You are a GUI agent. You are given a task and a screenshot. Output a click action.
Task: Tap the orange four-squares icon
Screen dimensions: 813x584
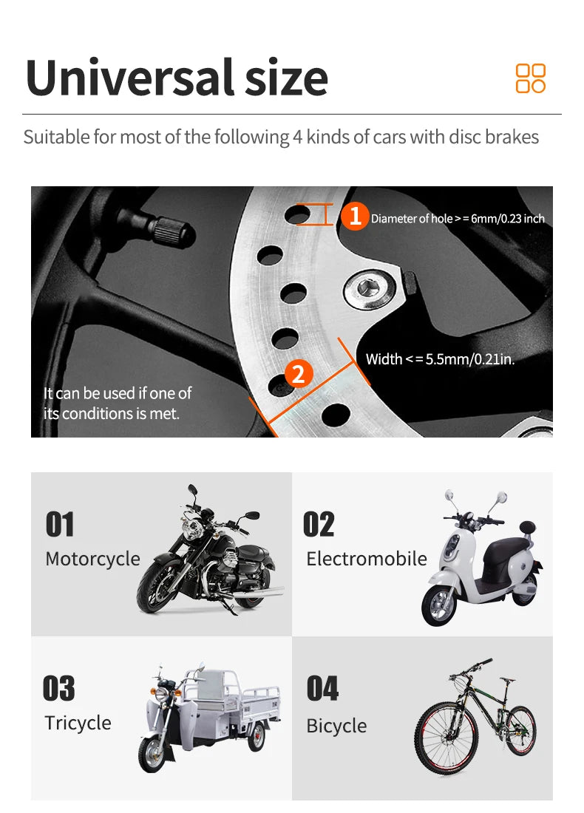point(530,78)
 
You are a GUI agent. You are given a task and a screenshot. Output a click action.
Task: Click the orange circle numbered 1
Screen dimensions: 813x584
point(355,217)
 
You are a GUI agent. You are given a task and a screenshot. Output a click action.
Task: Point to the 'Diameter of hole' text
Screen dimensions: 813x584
point(457,219)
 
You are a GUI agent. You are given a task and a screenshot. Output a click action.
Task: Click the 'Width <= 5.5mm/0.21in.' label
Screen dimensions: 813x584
point(440,360)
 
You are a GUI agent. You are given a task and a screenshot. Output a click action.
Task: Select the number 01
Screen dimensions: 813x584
point(60,525)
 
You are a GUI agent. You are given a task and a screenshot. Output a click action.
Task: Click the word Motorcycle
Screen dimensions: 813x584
point(92,559)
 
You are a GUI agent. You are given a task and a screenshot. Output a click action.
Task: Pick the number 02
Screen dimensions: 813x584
point(319,525)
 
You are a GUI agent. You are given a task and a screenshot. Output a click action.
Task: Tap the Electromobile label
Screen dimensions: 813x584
point(367,559)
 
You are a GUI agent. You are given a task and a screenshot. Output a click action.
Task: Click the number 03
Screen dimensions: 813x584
point(59,689)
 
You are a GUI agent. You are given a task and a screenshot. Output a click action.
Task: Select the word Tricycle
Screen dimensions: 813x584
point(78,723)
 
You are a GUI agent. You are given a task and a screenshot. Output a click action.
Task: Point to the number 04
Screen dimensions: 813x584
point(322,689)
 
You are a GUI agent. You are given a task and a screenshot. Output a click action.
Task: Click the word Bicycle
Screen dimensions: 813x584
point(336,726)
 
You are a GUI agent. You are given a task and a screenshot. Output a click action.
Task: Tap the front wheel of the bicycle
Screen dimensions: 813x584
point(442,739)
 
